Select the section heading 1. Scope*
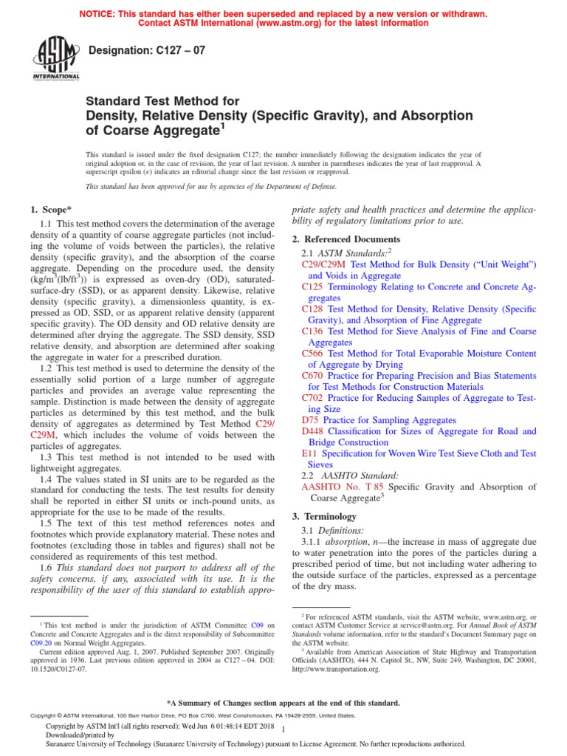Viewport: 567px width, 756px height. tap(51, 210)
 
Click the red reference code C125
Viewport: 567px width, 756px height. tap(314, 286)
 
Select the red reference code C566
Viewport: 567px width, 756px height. tap(314, 354)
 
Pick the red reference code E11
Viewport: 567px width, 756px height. tap(309, 453)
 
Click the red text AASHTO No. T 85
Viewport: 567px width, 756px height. tap(343, 487)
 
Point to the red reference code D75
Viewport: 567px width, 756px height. tap(310, 420)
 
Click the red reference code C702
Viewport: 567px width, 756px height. tap(314, 398)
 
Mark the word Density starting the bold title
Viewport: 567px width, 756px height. tap(113, 116)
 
